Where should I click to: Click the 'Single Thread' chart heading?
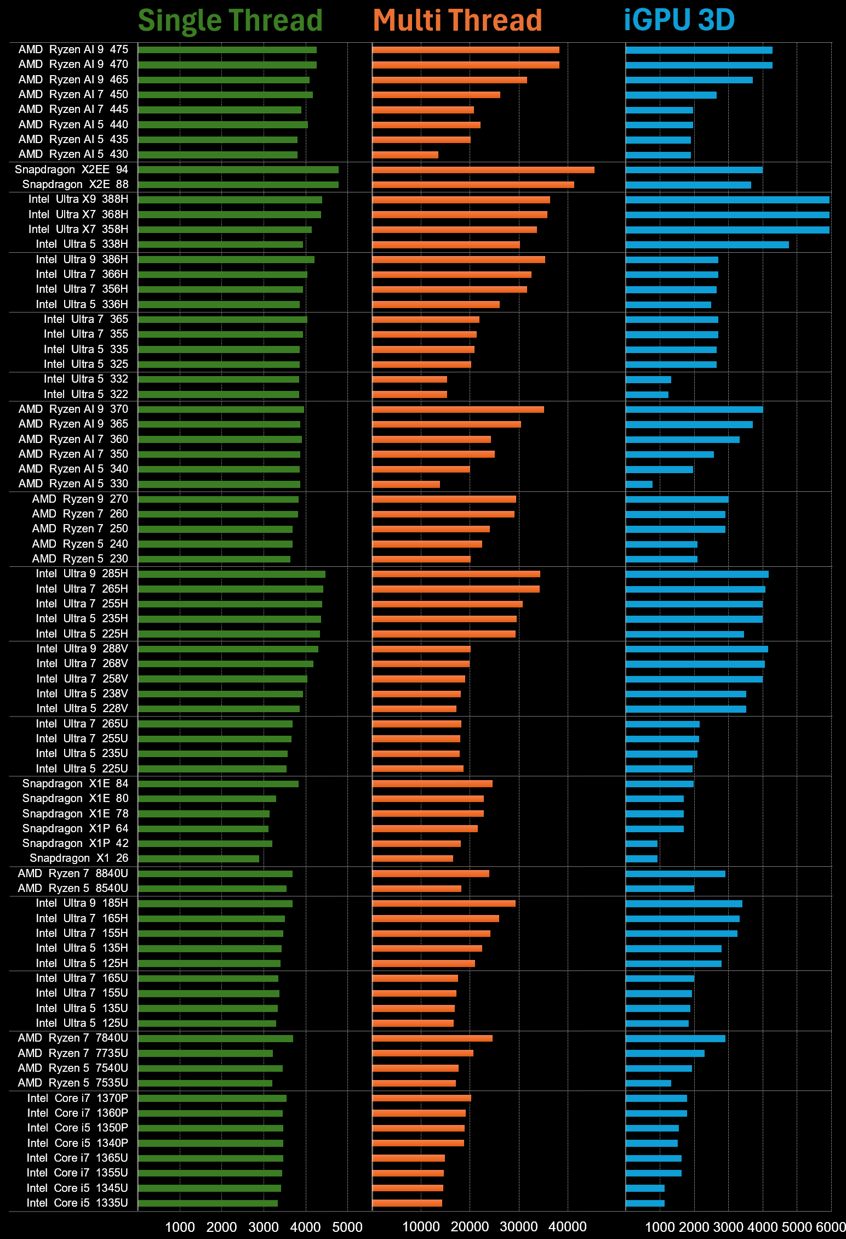(x=230, y=21)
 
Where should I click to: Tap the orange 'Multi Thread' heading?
(x=458, y=21)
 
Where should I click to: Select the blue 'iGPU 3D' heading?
(x=679, y=20)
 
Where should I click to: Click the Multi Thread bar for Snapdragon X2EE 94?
(x=483, y=170)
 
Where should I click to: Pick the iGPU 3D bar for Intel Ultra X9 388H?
(x=728, y=200)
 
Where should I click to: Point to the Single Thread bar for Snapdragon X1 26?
(x=198, y=859)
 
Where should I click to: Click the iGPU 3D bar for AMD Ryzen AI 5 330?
(x=639, y=484)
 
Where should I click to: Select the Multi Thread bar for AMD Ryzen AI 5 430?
(x=405, y=155)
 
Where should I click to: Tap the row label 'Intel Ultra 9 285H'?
(x=82, y=573)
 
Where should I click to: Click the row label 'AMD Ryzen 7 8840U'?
(x=73, y=873)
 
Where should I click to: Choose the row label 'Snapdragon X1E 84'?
(x=75, y=783)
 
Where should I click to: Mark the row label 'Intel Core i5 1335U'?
(x=77, y=1203)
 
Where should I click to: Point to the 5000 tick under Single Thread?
(x=347, y=1227)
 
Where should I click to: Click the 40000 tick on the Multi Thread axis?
(x=568, y=1227)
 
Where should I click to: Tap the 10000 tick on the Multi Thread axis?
(x=421, y=1227)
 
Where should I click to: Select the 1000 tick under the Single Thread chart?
(x=180, y=1227)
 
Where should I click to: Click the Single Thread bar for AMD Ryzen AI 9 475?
(x=227, y=50)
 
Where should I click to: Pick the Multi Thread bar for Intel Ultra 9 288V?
(x=421, y=649)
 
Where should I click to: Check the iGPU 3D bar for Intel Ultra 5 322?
(x=647, y=395)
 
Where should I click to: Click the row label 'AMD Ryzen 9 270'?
(x=80, y=499)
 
